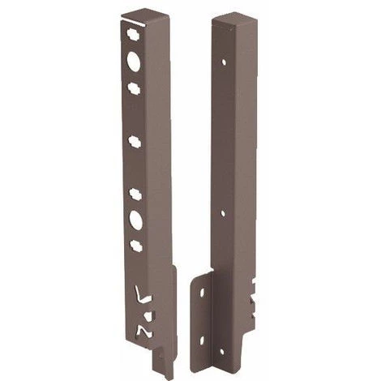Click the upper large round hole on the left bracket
pos(134,62)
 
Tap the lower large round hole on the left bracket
pos(135,220)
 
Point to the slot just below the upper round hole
pos(134,84)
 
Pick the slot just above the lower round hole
pos(135,195)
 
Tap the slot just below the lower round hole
pos(135,244)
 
